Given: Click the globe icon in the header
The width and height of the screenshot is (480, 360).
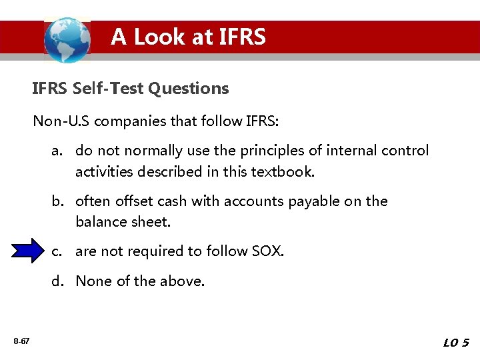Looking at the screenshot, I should [67, 40].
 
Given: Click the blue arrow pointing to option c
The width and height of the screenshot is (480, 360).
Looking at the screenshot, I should [27, 251].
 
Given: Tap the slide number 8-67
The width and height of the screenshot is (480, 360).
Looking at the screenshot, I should [21, 342].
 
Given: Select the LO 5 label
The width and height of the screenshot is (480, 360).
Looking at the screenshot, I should [456, 343].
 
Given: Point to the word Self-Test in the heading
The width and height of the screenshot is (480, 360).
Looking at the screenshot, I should [110, 88].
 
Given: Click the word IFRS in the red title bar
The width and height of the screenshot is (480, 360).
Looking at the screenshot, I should [239, 37].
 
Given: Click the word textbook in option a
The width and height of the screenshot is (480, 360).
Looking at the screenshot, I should [281, 171].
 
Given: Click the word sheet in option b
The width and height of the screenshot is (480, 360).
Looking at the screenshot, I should [151, 221].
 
